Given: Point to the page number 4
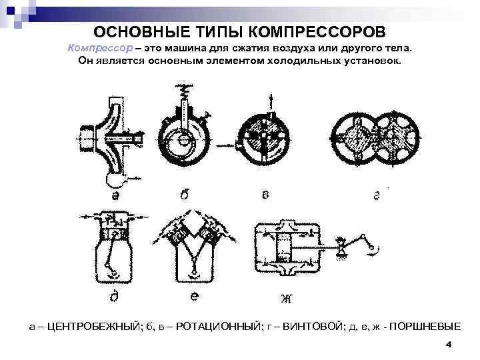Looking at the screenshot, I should coord(448,345).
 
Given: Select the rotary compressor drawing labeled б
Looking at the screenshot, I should coord(183,133).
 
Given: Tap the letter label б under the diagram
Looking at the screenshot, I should coord(185,195).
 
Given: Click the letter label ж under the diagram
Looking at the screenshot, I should coord(287,297).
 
